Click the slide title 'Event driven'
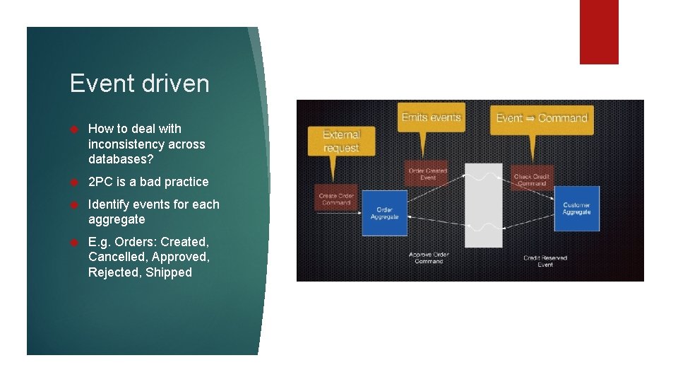pyautogui.click(x=139, y=83)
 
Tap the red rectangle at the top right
pyautogui.click(x=599, y=31)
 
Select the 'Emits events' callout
pyautogui.click(x=431, y=117)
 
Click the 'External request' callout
pyautogui.click(x=341, y=141)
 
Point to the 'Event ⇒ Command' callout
pyautogui.click(x=542, y=118)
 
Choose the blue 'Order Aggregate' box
pyautogui.click(x=385, y=213)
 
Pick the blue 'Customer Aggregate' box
pyautogui.click(x=576, y=209)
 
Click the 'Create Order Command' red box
pyautogui.click(x=336, y=199)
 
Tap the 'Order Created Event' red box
pyautogui.click(x=428, y=174)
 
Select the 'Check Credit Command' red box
pyautogui.click(x=531, y=180)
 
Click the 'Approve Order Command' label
pyautogui.click(x=429, y=257)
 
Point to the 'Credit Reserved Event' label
pyautogui.click(x=545, y=261)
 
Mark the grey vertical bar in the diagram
pyautogui.click(x=484, y=205)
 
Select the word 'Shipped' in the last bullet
pyautogui.click(x=169, y=272)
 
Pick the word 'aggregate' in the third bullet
pyautogui.click(x=117, y=219)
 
